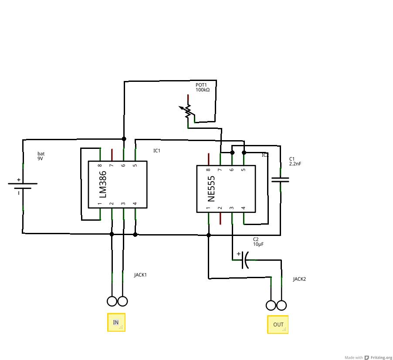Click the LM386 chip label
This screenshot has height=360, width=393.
[103, 185]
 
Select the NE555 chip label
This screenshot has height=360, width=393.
[211, 188]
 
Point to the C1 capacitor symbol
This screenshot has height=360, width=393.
[280, 179]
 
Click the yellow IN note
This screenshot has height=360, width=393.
[116, 323]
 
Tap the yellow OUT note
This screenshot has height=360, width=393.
[278, 325]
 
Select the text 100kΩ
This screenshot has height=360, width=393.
[203, 90]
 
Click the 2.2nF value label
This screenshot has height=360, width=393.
[295, 164]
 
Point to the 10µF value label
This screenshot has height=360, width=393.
[258, 244]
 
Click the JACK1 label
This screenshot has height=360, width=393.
[140, 275]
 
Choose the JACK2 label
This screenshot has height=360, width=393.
[299, 279]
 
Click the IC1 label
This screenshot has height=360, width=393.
[157, 151]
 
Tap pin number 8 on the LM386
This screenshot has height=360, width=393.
[100, 165]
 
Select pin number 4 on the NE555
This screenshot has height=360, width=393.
[243, 208]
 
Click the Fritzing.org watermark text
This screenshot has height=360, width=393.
[381, 357]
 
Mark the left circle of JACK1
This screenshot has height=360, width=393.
[112, 301]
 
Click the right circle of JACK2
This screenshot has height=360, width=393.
[282, 305]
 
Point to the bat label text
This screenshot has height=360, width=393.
[41, 154]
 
